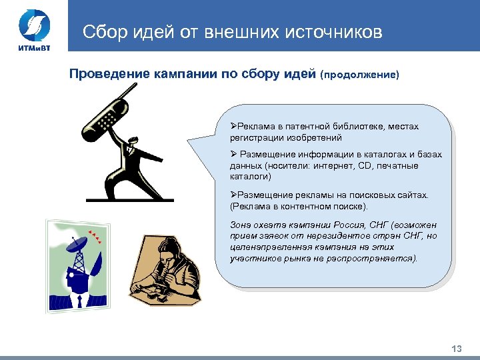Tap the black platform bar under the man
tap(130, 199)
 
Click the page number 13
tap(457, 349)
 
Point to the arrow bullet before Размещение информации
tap(233, 155)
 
